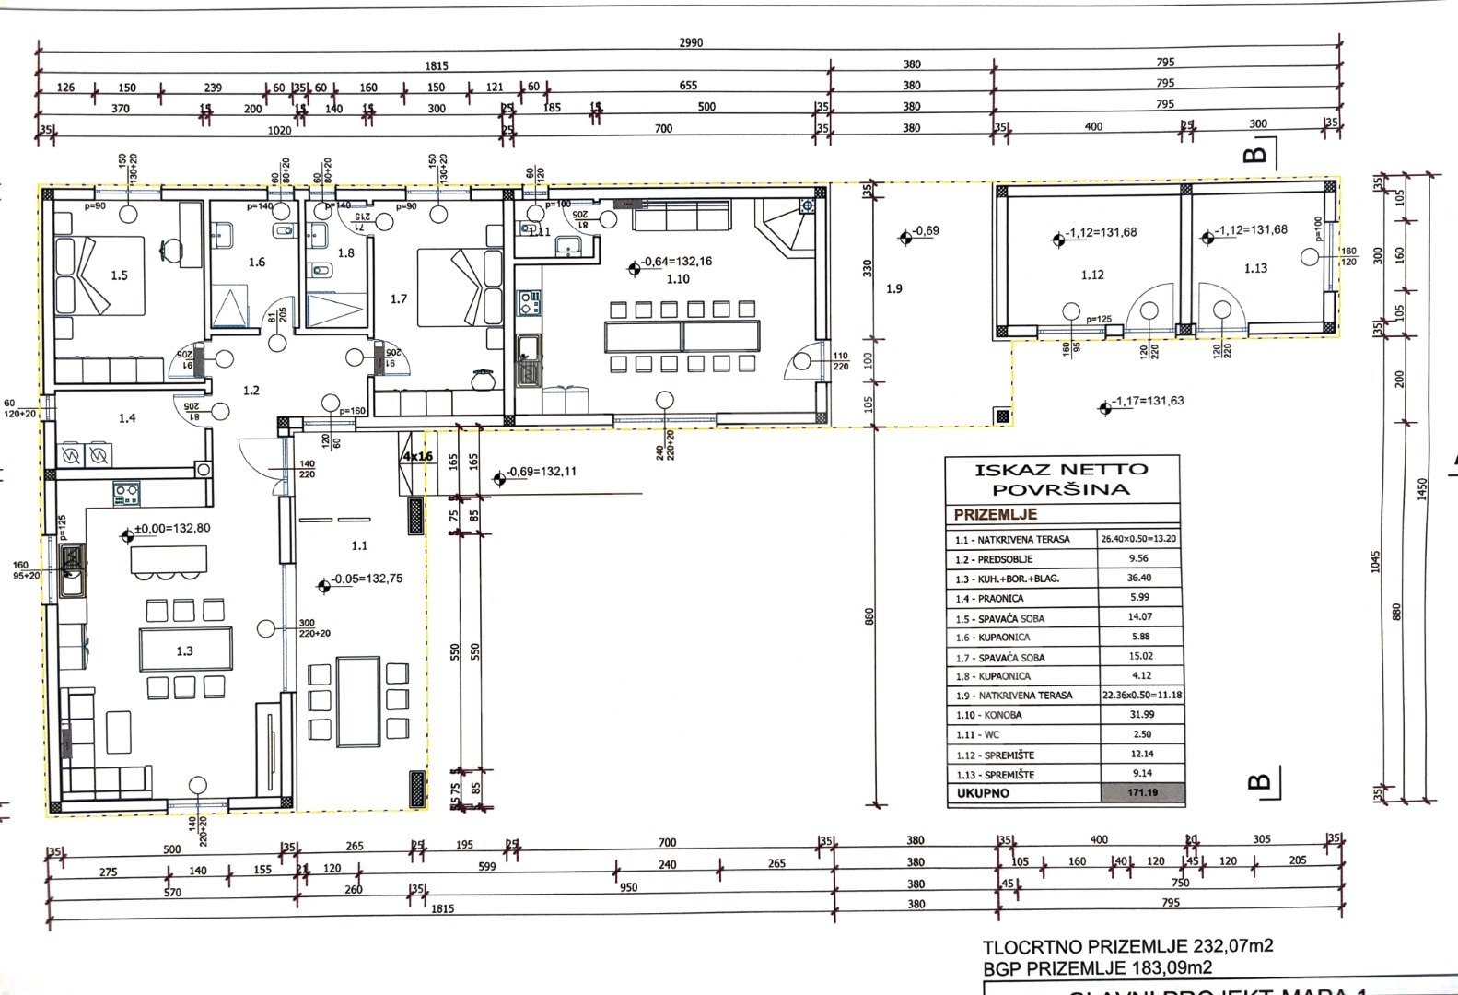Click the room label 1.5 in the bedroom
coord(119,275)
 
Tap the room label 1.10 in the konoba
coord(677,278)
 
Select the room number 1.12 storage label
coord(1092,275)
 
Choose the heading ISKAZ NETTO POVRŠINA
coord(1062,479)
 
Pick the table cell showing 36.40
coord(1138,579)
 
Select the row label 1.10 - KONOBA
coord(989,715)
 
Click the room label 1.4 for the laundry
coord(127,418)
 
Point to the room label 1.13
coord(1255,268)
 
